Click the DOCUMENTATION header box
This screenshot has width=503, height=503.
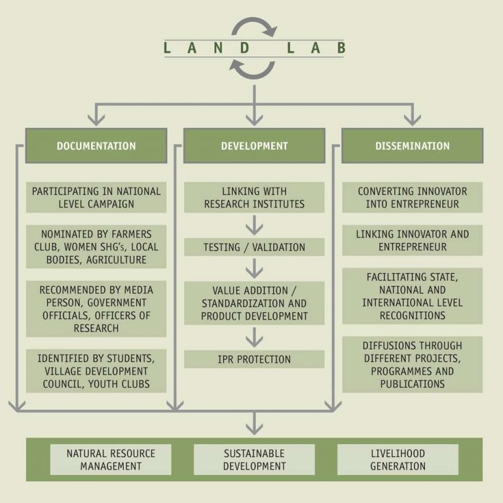(96, 145)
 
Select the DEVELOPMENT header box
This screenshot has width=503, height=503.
(254, 145)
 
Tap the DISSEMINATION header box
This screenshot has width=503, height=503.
(412, 145)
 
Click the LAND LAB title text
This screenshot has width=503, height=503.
(254, 47)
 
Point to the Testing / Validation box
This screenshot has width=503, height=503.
(254, 247)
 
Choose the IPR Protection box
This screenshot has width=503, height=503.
(254, 359)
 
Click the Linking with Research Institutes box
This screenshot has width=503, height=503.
(254, 197)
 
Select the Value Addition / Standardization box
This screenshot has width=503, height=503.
(254, 303)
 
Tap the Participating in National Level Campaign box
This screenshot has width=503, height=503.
(96, 197)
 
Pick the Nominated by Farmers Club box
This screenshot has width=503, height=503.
(96, 247)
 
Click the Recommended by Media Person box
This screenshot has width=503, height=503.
(96, 309)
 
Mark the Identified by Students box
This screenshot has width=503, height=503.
(96, 371)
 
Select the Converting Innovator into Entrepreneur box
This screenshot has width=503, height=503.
(412, 197)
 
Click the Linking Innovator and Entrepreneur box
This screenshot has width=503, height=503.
(412, 240)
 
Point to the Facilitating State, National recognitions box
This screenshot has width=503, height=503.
(412, 296)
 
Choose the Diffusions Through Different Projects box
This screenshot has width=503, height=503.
(412, 365)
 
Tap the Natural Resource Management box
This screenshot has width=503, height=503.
(111, 460)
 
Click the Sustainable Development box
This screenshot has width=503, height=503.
(254, 460)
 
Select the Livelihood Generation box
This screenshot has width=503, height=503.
(398, 460)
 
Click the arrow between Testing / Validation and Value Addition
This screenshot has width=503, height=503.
(254, 269)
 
